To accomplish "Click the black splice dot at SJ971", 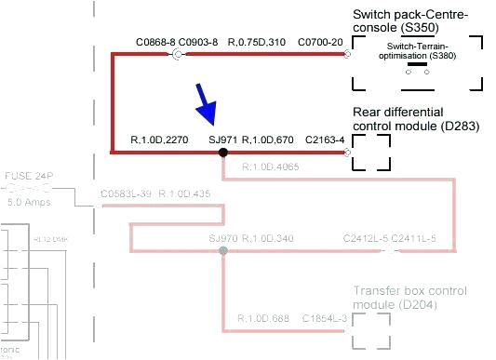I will point(222,152).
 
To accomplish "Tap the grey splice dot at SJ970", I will point(222,251).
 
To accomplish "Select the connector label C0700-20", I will point(320,42).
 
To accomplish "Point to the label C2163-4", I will point(325,140).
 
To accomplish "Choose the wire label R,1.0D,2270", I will point(161,140).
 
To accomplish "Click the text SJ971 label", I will point(223,140).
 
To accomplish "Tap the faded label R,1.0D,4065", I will point(271,167).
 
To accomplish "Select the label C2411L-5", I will point(413,239).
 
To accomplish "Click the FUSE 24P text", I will point(29,175).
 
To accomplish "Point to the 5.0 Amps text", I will point(30,200).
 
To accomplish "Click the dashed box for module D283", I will point(371,151).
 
